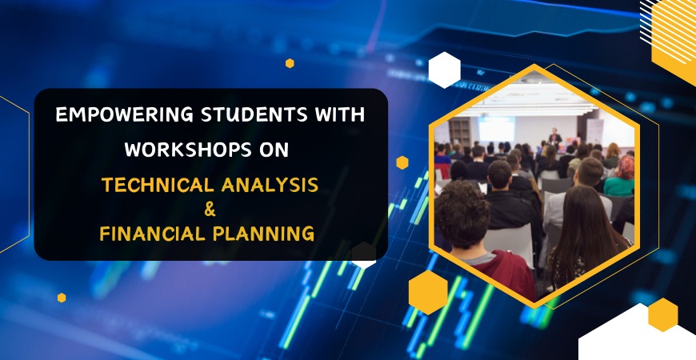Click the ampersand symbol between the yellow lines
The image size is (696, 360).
[210, 210]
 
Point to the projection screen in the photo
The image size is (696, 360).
[496, 128]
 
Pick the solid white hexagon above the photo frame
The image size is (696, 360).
[444, 70]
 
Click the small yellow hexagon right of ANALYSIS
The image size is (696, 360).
[402, 162]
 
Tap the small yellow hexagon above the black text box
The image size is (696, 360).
[290, 63]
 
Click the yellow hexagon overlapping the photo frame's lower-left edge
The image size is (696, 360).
[428, 291]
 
